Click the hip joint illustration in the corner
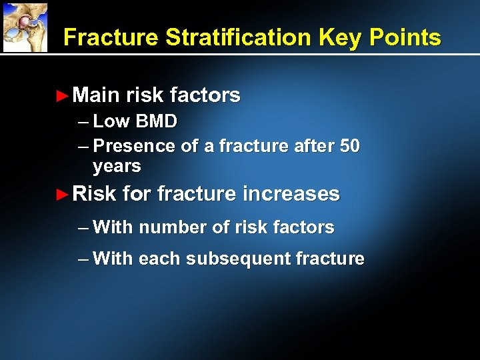point(25,27)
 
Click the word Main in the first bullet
point(95,95)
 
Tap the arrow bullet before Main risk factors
point(62,96)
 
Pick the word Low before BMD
point(112,121)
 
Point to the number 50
point(349,146)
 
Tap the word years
point(117,166)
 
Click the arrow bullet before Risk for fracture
point(62,195)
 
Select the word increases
point(291,194)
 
